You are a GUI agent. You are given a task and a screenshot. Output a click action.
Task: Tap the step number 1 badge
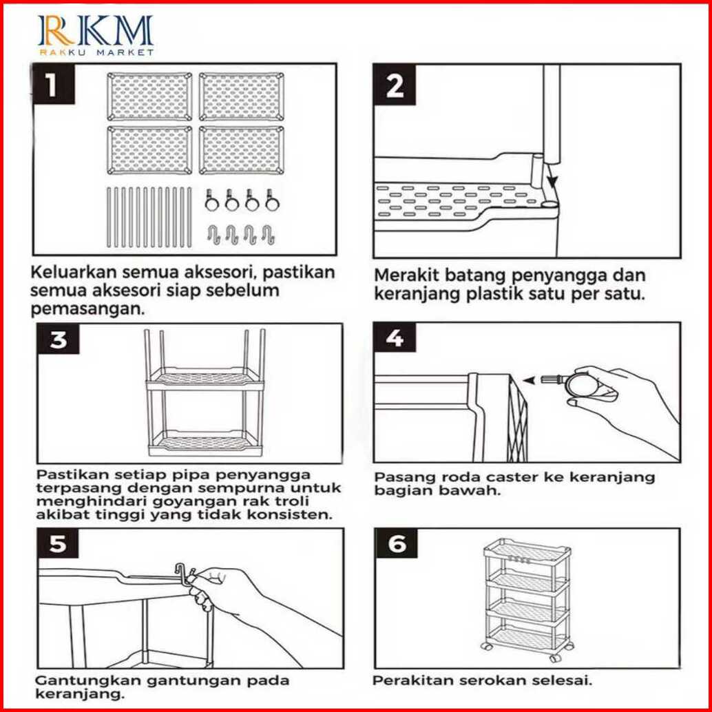52,86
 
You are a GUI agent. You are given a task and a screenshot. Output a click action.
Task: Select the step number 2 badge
395,86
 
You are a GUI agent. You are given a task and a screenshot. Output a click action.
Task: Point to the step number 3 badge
59,339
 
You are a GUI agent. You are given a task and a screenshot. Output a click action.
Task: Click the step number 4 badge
395,339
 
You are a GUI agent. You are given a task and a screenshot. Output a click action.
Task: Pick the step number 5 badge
59,544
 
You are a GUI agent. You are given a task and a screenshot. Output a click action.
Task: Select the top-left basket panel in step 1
149,96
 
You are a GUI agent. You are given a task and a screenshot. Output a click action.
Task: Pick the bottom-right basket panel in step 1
242,149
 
